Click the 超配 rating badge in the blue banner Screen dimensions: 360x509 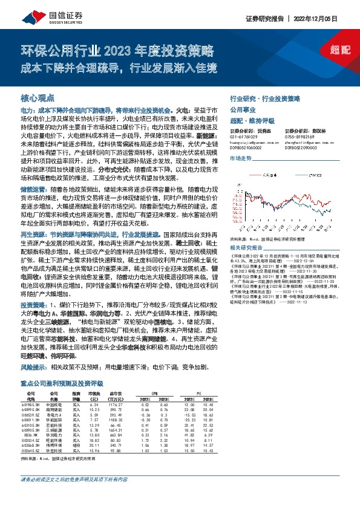tap(340, 50)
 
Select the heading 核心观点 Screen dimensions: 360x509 tap(38, 97)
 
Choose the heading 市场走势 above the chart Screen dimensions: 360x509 tap(240, 157)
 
